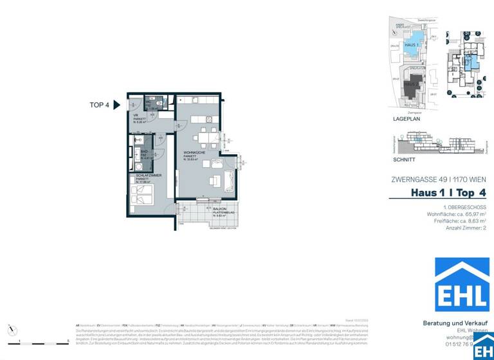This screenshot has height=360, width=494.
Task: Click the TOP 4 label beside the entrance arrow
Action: tap(100, 105)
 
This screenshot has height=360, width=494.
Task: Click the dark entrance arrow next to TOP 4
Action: tap(116, 105)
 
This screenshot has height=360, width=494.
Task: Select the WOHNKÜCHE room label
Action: tap(194, 152)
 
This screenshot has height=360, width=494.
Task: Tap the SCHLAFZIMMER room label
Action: tap(148, 175)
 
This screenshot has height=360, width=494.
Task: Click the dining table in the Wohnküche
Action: tap(206, 136)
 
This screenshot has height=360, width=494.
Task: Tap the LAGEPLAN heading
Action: tap(406, 120)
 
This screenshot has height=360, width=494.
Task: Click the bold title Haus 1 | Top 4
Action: tap(448, 192)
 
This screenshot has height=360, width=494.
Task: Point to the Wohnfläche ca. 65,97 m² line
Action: tap(456, 214)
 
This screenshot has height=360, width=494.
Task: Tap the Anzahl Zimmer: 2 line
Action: tap(466, 228)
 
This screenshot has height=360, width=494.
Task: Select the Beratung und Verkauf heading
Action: tap(454, 323)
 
